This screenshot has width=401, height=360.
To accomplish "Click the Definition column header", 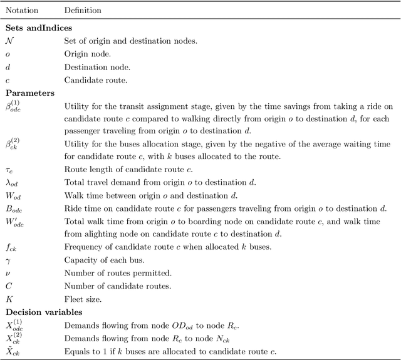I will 83,11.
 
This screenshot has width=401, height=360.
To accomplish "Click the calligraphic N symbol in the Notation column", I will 9,41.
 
